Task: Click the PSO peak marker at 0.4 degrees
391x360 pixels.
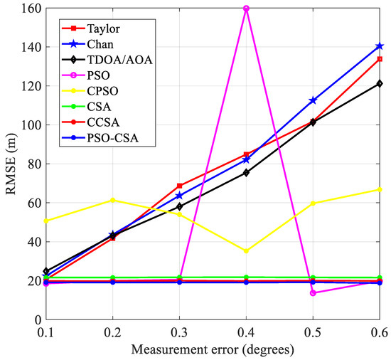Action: point(246,9)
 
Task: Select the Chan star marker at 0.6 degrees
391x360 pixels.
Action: point(380,46)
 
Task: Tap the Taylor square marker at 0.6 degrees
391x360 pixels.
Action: point(380,59)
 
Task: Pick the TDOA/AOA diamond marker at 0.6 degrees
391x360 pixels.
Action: point(380,83)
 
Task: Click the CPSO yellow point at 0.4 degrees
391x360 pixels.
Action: point(246,251)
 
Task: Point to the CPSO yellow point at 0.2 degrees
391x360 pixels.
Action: point(112,200)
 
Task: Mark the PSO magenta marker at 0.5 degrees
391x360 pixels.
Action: point(313,293)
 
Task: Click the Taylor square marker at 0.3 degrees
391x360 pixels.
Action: point(179,186)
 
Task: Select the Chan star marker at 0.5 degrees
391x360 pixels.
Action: point(313,101)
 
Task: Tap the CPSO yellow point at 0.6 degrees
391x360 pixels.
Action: point(380,189)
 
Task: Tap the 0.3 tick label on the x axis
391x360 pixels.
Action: point(179,331)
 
